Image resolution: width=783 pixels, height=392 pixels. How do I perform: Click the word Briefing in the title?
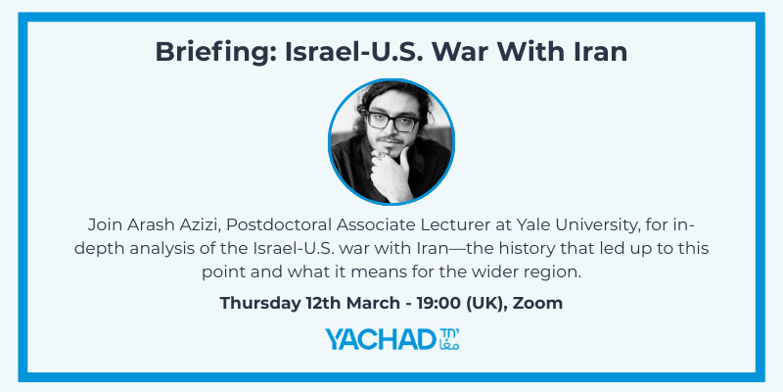pyautogui.click(x=215, y=52)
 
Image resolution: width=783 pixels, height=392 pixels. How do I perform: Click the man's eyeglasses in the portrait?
pyautogui.click(x=392, y=122)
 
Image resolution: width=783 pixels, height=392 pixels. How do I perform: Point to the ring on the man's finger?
pyautogui.click(x=381, y=156)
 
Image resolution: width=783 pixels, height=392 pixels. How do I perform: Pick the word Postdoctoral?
pyautogui.click(x=278, y=225)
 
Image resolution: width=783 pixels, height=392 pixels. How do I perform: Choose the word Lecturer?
pyautogui.click(x=455, y=225)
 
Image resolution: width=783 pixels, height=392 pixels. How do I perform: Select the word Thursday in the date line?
pyautogui.click(x=260, y=303)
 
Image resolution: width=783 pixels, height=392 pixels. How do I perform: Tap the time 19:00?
pyautogui.click(x=443, y=303)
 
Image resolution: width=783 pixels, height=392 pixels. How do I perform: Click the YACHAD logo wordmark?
pyautogui.click(x=381, y=339)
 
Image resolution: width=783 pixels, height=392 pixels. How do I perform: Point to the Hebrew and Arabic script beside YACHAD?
pyautogui.click(x=448, y=339)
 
